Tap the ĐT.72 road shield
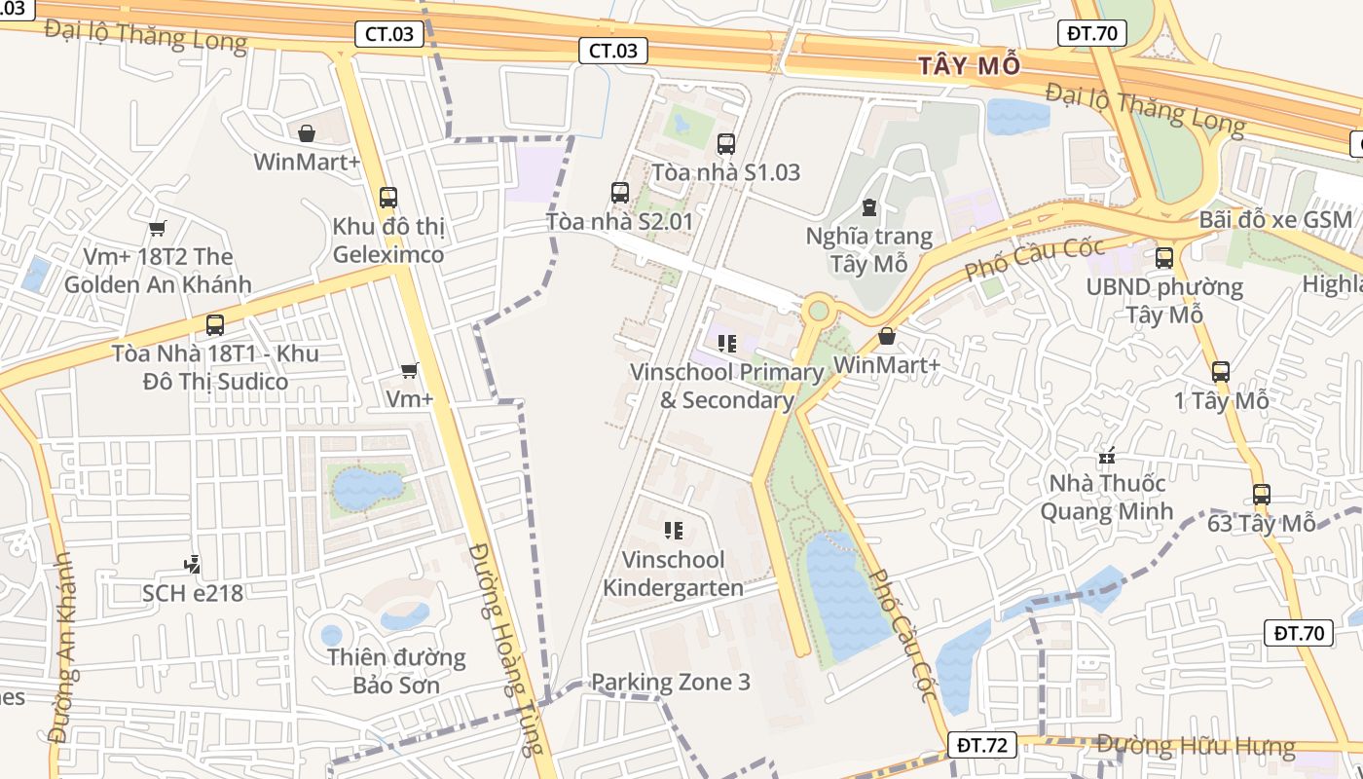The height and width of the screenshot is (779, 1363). coord(981,746)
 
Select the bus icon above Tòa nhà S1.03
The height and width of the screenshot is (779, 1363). coord(725,144)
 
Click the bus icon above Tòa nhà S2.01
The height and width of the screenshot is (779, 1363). coord(620,193)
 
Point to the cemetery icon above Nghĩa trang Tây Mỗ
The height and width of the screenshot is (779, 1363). coord(868,207)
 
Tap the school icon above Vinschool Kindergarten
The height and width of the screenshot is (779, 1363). coord(673,531)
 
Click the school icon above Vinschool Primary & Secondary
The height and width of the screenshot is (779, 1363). coord(726,344)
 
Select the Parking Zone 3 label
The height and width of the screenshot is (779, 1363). coord(671,682)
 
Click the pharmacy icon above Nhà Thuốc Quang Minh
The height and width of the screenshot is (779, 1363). coord(1106,455)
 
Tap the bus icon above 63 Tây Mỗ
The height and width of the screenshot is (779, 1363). coord(1262,495)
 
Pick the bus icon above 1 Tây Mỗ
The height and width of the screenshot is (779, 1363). coord(1221,372)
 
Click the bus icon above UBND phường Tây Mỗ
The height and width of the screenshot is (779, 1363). coord(1164,258)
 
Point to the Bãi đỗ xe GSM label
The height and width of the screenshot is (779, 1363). coord(1275,219)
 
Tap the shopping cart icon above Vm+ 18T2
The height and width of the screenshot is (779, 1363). coord(157,228)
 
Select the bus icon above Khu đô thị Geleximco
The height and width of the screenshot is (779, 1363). coord(388,198)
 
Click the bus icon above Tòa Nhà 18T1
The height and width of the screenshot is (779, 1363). coord(215,325)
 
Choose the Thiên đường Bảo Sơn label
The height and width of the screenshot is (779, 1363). coord(396,671)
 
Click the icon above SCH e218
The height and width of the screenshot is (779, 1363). coord(193,564)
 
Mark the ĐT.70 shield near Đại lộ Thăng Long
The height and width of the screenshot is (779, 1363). coord(1091,33)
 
